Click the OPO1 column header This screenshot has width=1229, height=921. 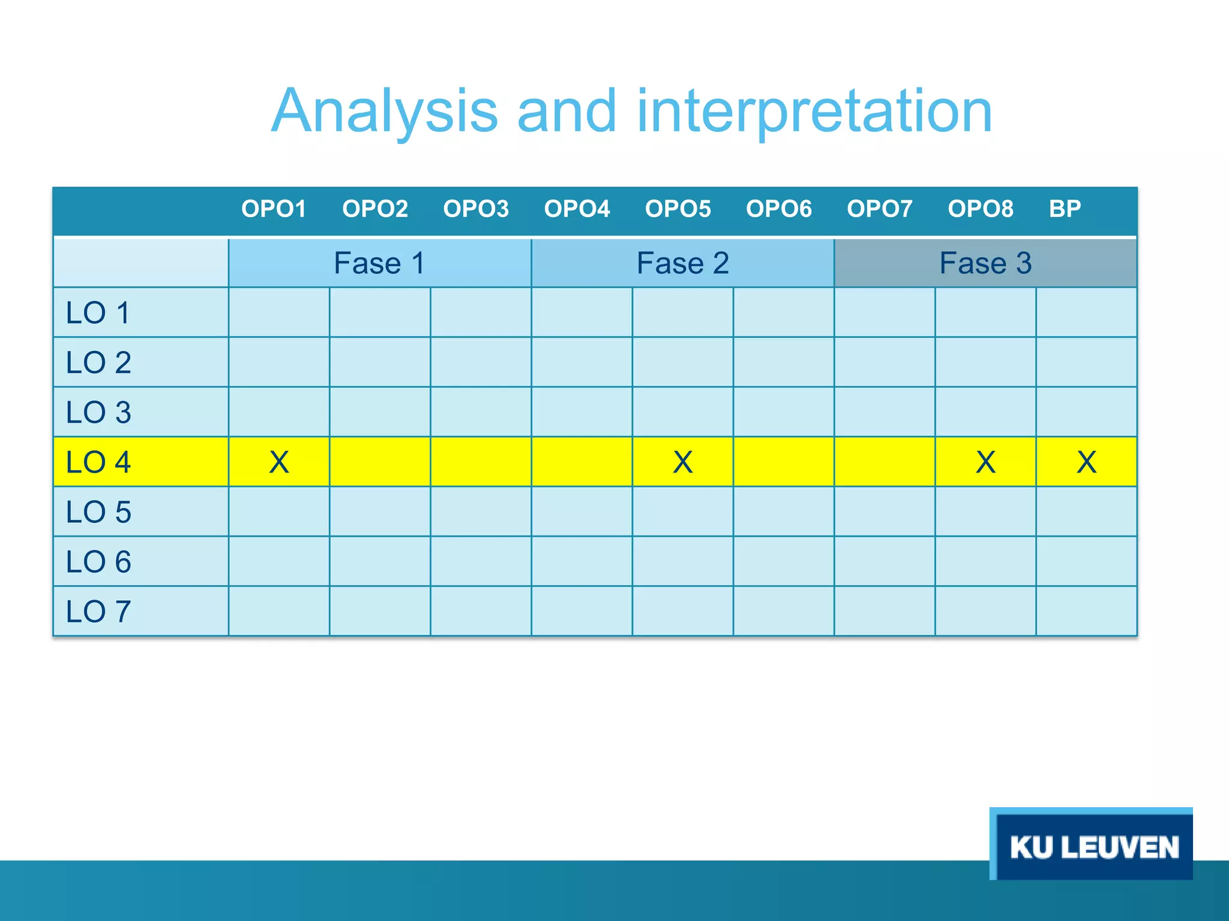(274, 209)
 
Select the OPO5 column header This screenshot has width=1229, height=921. (678, 209)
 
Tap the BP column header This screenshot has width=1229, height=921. (1065, 209)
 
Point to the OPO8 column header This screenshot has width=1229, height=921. (980, 209)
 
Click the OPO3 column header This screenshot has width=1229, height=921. (475, 209)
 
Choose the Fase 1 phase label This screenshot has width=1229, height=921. (379, 263)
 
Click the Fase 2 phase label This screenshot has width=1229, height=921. (682, 263)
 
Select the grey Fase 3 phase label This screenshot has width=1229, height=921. (985, 263)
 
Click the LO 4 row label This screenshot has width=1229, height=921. (98, 462)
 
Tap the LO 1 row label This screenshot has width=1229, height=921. (98, 313)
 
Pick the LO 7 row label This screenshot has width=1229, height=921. (98, 612)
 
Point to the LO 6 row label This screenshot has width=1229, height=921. (98, 562)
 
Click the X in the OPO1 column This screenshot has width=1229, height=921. (279, 462)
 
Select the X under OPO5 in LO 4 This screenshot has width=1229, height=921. (682, 462)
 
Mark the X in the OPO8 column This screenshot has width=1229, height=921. (985, 462)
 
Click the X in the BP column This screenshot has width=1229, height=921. (1086, 462)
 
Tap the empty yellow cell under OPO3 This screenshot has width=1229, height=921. (481, 462)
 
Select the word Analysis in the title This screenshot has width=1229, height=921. (385, 112)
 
